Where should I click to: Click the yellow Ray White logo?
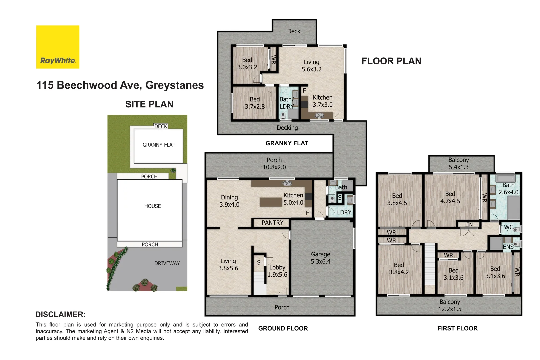tap(58, 47)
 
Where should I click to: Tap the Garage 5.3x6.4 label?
tap(320, 258)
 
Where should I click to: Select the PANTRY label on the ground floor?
tap(272, 223)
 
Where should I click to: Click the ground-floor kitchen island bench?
tap(271, 202)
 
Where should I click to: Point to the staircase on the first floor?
tap(430, 264)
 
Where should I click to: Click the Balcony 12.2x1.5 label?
tap(449, 305)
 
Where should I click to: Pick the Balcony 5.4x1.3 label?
tap(458, 163)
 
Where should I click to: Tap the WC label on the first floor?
tap(508, 227)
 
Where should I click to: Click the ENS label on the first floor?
tap(508, 247)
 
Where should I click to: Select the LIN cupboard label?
tap(468, 225)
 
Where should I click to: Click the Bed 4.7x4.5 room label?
tap(450, 197)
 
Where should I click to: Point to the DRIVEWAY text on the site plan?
tap(167, 263)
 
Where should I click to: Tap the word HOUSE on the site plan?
tap(152, 206)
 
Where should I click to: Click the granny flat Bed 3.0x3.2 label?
tap(247, 63)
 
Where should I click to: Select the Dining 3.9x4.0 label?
tap(229, 201)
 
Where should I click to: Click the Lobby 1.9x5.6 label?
tap(277, 271)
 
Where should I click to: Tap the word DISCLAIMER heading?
tap(60, 314)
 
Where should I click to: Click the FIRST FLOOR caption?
tap(457, 328)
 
